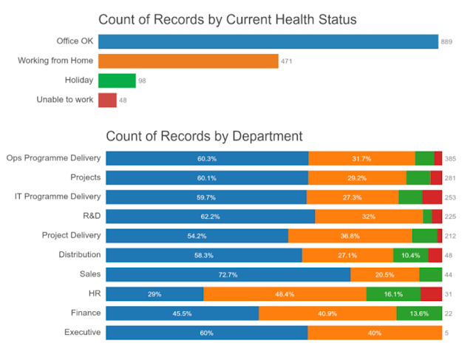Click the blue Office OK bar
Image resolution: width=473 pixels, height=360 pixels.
pos(268,41)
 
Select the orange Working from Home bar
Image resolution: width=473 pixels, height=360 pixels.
pos(188,61)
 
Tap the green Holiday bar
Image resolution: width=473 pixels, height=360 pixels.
pos(117,80)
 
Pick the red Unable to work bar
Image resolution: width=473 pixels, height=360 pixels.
pos(107,100)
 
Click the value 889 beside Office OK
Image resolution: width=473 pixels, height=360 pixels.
pos(447,41)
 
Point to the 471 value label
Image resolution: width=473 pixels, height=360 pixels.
pos(287,61)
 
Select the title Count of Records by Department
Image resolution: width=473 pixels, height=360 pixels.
pos(204,136)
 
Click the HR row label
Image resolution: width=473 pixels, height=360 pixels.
pos(94,293)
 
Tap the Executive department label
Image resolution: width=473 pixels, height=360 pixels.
pos(82,333)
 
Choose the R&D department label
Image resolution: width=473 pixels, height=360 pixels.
pos(90,216)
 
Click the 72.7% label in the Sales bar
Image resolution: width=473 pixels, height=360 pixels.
pos(228,275)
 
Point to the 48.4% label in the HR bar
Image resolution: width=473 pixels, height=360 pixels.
pos(285,294)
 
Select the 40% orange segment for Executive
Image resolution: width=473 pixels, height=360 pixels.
pos(375,333)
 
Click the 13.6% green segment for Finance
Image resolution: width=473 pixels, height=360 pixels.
pos(418,313)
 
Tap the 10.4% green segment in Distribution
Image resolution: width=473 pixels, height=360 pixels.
pos(410,255)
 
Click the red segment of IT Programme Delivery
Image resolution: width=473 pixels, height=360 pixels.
pos(432,197)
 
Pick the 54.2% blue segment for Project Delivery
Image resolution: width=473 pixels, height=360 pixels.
pos(197,236)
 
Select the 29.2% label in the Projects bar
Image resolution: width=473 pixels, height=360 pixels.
pos(357,178)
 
